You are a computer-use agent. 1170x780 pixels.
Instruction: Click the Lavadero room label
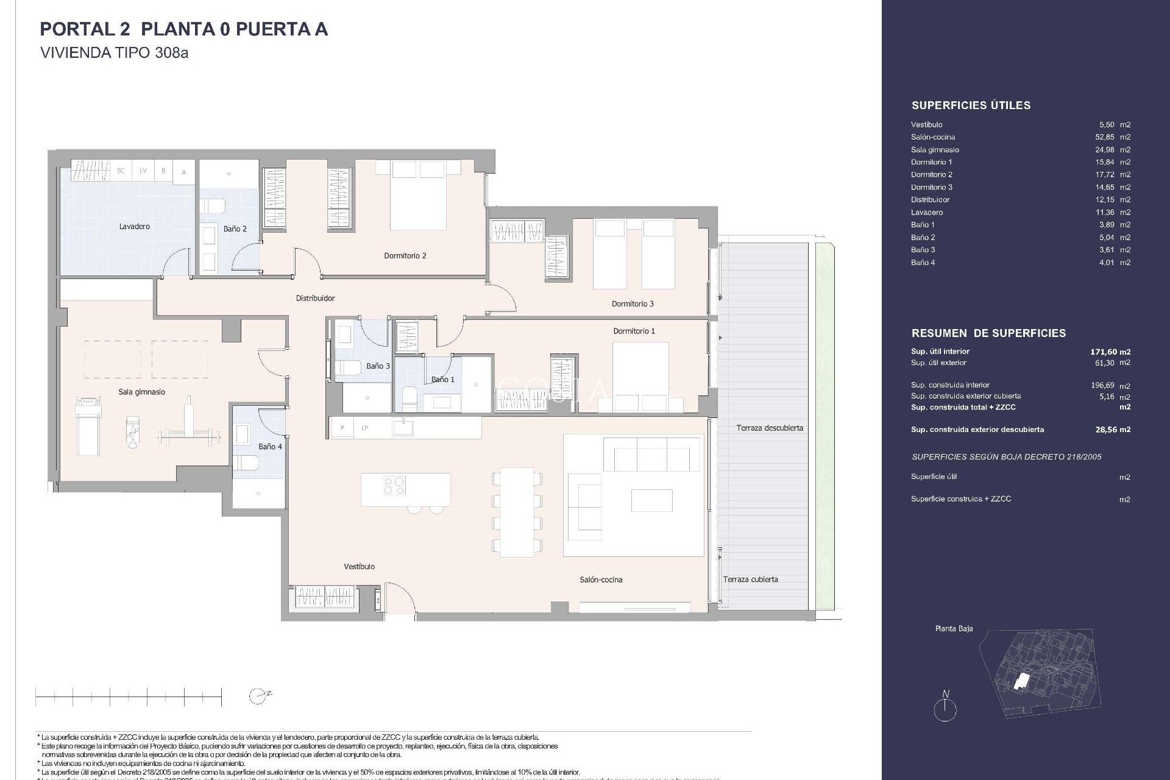click(134, 227)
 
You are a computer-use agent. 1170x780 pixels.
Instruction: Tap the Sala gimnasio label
click(141, 392)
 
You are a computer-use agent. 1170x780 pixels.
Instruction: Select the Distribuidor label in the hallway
click(315, 299)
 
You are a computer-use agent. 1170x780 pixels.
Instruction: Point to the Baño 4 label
click(270, 447)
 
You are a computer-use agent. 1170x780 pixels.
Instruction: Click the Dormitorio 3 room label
click(633, 304)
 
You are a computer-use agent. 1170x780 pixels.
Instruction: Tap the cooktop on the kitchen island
click(394, 486)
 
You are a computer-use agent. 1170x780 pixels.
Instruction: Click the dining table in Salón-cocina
click(516, 512)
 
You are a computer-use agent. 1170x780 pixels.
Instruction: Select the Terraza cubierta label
click(750, 580)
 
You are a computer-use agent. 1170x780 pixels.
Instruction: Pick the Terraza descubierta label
click(769, 428)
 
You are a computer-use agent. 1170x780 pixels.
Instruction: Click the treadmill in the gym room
click(87, 426)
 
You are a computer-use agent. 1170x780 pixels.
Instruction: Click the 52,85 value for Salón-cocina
click(1104, 137)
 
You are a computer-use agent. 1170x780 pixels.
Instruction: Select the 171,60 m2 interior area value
click(1110, 352)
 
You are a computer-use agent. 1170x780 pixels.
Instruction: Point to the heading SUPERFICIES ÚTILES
click(971, 105)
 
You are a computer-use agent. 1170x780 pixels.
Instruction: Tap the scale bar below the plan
click(129, 696)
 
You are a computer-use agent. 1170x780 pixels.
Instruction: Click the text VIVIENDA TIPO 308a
click(114, 53)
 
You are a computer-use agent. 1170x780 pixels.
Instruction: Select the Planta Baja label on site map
click(954, 628)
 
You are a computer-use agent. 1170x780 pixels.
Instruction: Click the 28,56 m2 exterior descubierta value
click(1112, 430)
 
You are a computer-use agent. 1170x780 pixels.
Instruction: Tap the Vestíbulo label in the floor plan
click(359, 567)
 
